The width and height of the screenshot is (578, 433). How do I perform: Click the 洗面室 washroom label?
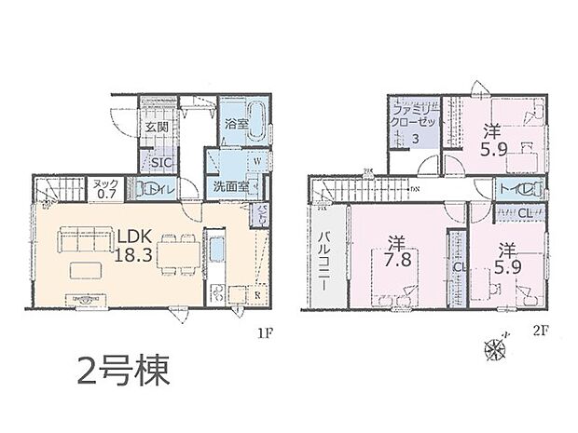[227, 186]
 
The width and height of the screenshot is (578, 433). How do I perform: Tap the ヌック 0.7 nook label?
[105, 189]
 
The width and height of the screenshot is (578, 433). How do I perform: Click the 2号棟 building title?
[122, 373]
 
